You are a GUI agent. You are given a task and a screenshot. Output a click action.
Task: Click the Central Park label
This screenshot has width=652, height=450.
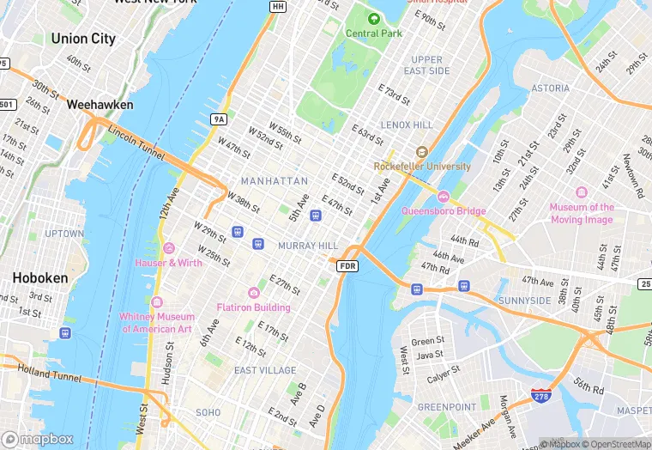click(x=373, y=33)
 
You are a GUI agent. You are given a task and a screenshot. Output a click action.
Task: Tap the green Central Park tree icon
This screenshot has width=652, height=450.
click(x=373, y=18)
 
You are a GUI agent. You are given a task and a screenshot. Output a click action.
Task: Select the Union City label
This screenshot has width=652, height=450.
click(x=83, y=39)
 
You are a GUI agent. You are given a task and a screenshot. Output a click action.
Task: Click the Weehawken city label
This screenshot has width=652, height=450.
click(x=100, y=105)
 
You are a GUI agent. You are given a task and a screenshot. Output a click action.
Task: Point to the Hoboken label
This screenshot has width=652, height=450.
click(x=40, y=279)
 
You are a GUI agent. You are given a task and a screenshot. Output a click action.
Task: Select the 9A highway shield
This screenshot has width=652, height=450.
click(x=218, y=119)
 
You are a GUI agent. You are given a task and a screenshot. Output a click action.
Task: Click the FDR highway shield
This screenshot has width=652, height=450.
click(x=347, y=267)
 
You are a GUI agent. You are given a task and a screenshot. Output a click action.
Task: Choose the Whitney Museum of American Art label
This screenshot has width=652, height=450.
click(x=158, y=322)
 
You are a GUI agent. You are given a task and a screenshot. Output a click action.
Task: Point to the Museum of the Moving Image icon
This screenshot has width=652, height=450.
click(x=582, y=192)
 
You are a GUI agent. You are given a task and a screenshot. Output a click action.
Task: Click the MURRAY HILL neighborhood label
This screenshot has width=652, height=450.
click(x=308, y=246)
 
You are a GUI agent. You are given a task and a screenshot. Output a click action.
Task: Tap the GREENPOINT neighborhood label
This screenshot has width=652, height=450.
click(x=446, y=406)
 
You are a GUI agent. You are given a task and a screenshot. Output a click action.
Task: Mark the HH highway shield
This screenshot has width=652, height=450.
click(x=277, y=7)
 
